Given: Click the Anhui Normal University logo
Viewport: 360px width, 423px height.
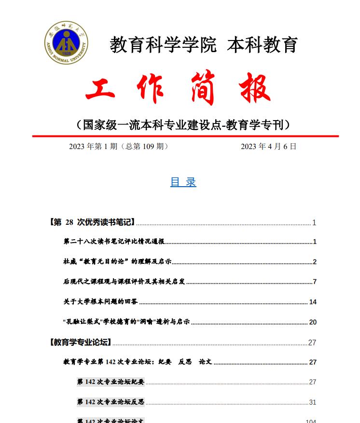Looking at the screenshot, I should pyautogui.click(x=67, y=42).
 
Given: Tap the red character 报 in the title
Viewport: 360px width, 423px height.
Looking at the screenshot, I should pyautogui.click(x=254, y=88).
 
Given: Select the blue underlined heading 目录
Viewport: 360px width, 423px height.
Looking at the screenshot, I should pyautogui.click(x=183, y=182).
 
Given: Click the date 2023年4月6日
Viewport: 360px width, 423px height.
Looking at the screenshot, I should pyautogui.click(x=268, y=147).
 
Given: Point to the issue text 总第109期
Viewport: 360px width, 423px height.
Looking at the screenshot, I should pyautogui.click(x=144, y=147).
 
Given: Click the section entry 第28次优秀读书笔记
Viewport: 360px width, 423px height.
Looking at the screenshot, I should pyautogui.click(x=92, y=222).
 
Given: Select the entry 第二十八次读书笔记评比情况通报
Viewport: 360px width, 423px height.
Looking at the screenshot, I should pyautogui.click(x=114, y=242).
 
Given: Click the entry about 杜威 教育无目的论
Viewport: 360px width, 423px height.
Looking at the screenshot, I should pyautogui.click(x=117, y=262).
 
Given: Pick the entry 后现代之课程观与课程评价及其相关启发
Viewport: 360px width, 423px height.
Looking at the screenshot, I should pyautogui.click(x=124, y=282).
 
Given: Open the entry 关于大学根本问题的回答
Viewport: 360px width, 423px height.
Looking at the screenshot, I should pyautogui.click(x=100, y=302).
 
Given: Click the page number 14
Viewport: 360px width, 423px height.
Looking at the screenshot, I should pyautogui.click(x=313, y=302).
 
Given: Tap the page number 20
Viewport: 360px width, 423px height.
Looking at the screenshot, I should pyautogui.click(x=313, y=322).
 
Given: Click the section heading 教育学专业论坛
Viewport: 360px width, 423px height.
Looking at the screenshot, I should pyautogui.click(x=80, y=342).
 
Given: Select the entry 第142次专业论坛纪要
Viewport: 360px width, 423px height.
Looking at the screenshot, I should pyautogui.click(x=111, y=382).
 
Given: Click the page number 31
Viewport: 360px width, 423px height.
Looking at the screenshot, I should pyautogui.click(x=313, y=402).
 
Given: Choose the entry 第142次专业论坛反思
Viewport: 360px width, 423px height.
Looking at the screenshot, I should pyautogui.click(x=111, y=402).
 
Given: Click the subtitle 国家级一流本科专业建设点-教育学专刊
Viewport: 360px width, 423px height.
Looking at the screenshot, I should pyautogui.click(x=183, y=125).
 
